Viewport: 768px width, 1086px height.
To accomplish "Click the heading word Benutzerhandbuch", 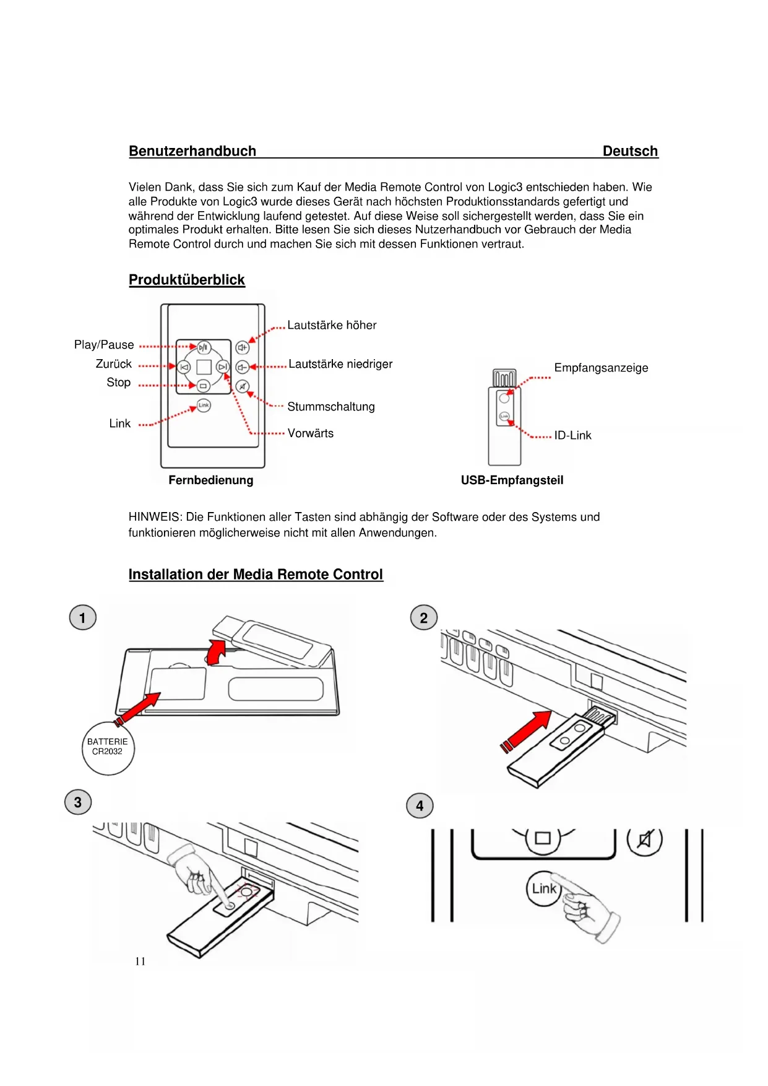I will pos(192,151).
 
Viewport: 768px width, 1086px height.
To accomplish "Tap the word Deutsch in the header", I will pos(629,151).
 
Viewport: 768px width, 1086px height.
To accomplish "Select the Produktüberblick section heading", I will pos(186,280).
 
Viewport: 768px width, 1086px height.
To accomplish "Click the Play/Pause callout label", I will pos(104,345).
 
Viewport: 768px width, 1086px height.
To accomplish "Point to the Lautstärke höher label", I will pos(332,325).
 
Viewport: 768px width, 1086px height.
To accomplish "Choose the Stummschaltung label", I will pos(331,407).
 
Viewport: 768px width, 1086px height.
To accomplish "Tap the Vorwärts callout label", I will pos(310,433).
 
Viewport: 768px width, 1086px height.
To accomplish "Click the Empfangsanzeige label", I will pos(601,368).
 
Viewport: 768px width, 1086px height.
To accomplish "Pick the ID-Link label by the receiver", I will pos(572,435).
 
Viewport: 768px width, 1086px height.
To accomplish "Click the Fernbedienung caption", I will pos(210,480).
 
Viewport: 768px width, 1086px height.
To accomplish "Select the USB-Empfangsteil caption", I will pos(512,480).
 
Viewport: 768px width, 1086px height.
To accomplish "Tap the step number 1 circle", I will pos(83,618).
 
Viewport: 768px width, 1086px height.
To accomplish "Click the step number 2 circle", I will pos(424,618).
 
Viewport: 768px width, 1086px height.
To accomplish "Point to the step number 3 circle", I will pos(78,802).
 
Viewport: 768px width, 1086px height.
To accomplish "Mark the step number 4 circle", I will pos(420,806).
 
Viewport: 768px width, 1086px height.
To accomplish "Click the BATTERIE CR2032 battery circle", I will pos(108,748).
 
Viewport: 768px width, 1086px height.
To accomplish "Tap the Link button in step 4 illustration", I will pos(543,889).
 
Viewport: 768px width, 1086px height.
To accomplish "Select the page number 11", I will pos(140,962).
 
